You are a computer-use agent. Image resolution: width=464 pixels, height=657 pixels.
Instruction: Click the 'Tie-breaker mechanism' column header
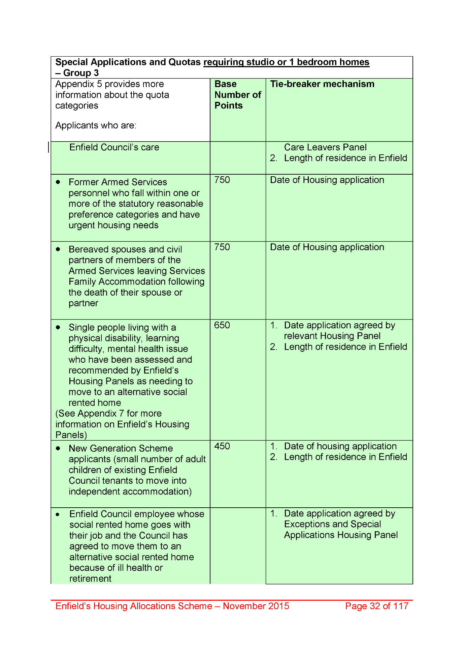pos(322,84)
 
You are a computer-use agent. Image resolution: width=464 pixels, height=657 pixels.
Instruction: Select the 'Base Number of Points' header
pos(238,95)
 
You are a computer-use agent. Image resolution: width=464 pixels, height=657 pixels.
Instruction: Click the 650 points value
pos(222,325)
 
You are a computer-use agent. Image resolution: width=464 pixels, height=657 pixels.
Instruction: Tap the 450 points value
pos(222,446)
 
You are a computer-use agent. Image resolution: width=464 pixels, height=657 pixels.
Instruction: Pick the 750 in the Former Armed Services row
pos(222,180)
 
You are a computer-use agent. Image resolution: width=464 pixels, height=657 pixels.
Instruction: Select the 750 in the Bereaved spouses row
pos(222,247)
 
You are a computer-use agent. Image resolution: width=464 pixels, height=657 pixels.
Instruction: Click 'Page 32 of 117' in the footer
pos(376,606)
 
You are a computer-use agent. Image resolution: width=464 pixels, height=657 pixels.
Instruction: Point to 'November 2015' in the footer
pos(256,606)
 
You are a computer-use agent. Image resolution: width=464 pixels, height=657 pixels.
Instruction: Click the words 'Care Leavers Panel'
pos(325,147)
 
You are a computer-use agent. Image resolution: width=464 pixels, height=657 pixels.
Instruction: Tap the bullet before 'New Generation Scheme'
pos(58,448)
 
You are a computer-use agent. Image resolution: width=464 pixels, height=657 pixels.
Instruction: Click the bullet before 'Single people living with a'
pos(58,327)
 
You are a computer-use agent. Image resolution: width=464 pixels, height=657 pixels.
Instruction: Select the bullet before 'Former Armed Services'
pos(58,182)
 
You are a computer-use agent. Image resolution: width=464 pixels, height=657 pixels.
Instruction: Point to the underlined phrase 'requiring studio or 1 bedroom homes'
pos(286,62)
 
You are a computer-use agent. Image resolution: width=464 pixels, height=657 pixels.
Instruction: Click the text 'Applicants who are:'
pos(96,125)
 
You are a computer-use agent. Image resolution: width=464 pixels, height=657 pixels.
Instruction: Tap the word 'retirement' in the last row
pos(90,578)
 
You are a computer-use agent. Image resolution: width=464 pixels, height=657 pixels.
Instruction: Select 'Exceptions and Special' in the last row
pos(332,524)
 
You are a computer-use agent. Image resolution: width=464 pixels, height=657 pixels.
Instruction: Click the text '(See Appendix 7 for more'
pos(108,414)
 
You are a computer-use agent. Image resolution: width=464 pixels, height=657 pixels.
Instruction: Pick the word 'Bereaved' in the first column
pos(89,249)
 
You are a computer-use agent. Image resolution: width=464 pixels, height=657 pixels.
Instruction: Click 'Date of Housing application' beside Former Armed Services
pos(327,180)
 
